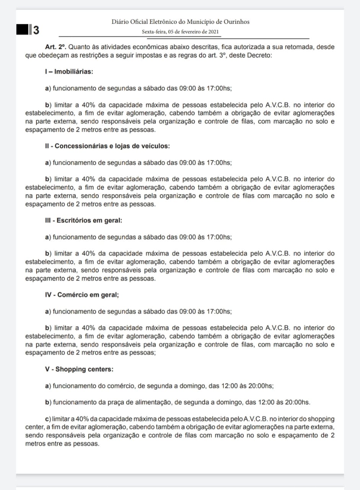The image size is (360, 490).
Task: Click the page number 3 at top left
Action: point(36,30)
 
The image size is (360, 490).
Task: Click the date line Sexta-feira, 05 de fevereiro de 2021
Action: point(180,32)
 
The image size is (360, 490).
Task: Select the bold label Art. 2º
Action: point(55,47)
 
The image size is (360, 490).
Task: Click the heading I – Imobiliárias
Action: point(69,71)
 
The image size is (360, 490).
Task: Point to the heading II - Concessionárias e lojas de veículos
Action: point(107,146)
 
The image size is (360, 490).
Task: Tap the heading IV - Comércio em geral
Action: point(81,295)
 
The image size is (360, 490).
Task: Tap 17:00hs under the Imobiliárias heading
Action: point(219,88)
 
